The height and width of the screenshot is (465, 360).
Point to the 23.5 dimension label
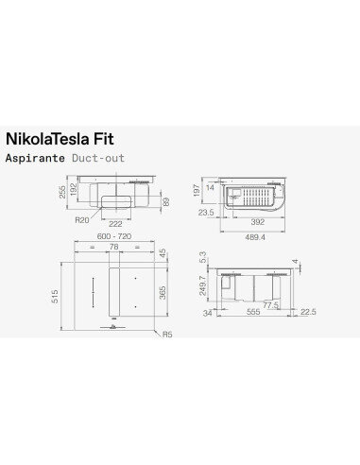[205, 214]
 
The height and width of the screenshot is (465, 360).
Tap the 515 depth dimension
[59, 297]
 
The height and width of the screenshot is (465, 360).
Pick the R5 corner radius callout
[167, 334]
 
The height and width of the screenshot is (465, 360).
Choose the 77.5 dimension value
[272, 305]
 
